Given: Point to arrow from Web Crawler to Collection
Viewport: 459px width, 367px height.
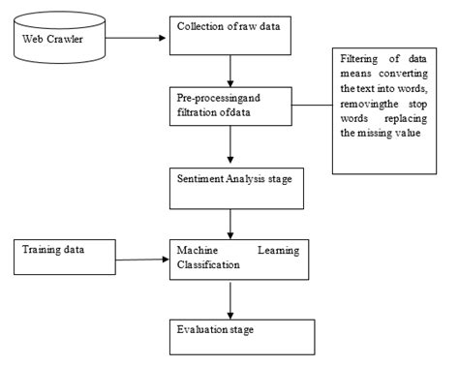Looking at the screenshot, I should coord(135,39).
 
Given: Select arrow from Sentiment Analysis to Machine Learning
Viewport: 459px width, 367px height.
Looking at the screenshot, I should coord(229,225).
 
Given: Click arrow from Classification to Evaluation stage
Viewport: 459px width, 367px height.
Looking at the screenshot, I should coord(229,300).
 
